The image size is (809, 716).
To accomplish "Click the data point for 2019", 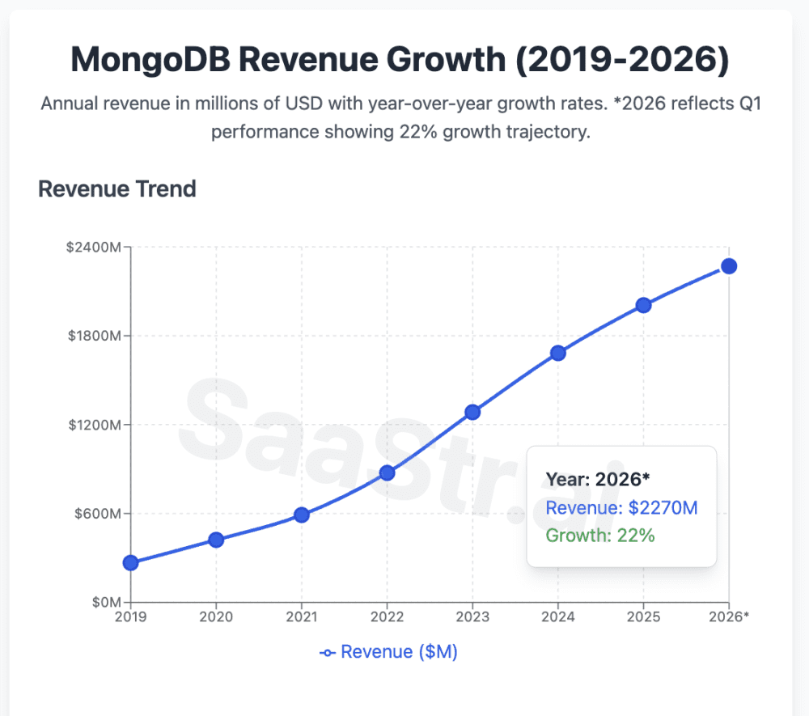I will [x=130, y=563].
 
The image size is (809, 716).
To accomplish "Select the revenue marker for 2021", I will [x=302, y=515].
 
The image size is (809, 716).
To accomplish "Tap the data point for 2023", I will [x=472, y=412].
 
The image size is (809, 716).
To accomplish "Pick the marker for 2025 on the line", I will [x=643, y=305].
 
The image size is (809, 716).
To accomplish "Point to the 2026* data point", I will [x=729, y=266].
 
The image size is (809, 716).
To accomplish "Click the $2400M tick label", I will [x=94, y=248].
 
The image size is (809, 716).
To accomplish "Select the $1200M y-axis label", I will [x=94, y=425].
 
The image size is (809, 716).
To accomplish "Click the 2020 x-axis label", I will [x=216, y=617].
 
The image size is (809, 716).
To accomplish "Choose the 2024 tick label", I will [x=558, y=617].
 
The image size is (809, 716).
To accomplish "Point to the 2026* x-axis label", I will [x=729, y=617].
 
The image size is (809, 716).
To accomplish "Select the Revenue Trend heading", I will [x=117, y=189].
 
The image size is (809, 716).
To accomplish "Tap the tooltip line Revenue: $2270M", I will [x=621, y=508].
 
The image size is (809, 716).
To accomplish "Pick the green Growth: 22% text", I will [x=599, y=535].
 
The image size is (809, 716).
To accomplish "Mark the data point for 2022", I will [x=387, y=472].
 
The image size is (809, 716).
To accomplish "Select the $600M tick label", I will [x=97, y=514].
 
